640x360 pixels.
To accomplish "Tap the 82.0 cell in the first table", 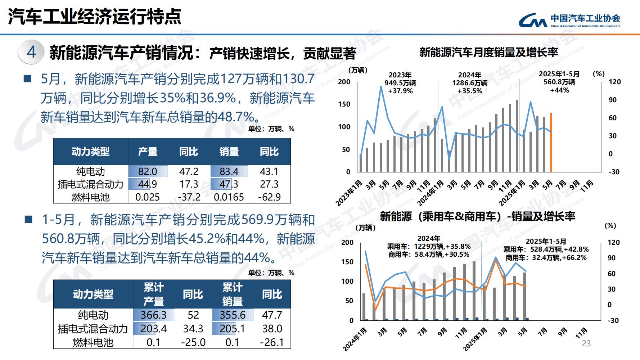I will (148, 171).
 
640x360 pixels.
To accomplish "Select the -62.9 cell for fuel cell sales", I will (269, 197).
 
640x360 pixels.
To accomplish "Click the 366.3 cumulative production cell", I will (153, 315).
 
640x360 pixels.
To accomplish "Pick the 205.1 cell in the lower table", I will (233, 328).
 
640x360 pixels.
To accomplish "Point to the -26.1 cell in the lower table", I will (272, 342).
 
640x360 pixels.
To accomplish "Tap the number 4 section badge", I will (31, 52).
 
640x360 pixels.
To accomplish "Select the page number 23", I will (586, 343).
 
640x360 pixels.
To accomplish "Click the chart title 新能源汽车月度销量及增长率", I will (488, 53).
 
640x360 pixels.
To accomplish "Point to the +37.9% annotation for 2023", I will (400, 91).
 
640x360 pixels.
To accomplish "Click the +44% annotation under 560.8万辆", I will (559, 90).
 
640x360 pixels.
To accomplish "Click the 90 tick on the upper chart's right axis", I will (612, 100).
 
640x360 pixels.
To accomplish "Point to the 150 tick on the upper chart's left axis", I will (344, 104).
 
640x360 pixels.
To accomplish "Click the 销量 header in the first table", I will (229, 152).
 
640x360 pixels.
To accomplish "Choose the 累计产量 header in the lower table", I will (154, 294).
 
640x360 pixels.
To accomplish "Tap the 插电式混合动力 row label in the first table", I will (90, 184).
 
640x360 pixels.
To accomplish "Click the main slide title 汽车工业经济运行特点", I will (94, 16).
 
